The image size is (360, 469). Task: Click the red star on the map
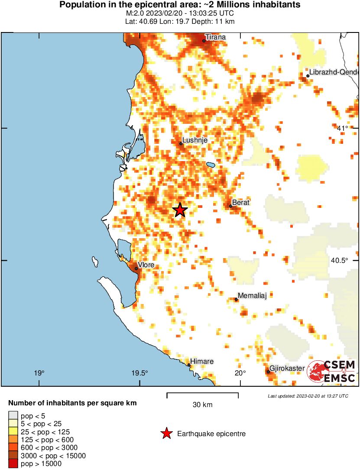pyautogui.click(x=180, y=210)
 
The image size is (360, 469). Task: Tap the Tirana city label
pyautogui.click(x=215, y=37)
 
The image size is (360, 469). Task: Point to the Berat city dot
pyautogui.click(x=230, y=206)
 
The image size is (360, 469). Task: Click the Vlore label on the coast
pyautogui.click(x=146, y=265)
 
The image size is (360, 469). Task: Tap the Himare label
pyautogui.click(x=202, y=361)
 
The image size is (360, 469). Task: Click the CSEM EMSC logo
pyautogui.click(x=331, y=372)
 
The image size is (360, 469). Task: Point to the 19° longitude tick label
pyautogui.click(x=39, y=373)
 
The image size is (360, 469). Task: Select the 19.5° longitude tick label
pyautogui.click(x=140, y=373)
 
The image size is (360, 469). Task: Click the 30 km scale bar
pyautogui.click(x=202, y=394)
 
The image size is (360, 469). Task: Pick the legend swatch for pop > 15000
pyautogui.click(x=14, y=464)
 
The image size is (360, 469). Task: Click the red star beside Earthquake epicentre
pyautogui.click(x=166, y=433)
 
